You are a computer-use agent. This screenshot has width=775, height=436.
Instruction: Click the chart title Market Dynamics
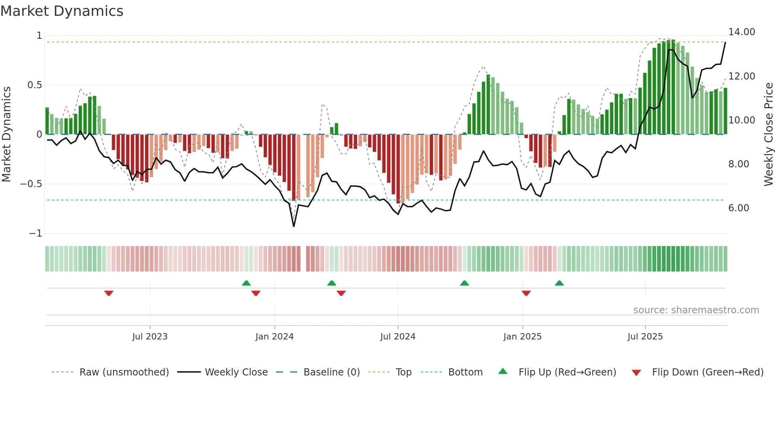(62, 11)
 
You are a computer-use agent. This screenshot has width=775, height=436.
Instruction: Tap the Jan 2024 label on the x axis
(274, 337)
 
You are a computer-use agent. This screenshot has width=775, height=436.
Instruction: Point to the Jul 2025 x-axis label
(645, 337)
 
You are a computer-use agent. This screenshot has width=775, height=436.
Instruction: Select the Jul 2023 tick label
(150, 337)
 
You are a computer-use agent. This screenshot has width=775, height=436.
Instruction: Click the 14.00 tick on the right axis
(741, 32)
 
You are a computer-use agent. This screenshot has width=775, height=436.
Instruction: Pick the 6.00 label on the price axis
(738, 208)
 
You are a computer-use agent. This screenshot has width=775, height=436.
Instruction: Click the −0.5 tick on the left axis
(31, 184)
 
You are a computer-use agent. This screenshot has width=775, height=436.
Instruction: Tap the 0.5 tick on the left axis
(34, 85)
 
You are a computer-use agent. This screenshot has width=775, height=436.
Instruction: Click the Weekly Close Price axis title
(768, 134)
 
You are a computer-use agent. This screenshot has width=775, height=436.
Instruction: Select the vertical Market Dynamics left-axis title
(6, 134)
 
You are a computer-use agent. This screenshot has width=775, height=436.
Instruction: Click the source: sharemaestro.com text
(696, 310)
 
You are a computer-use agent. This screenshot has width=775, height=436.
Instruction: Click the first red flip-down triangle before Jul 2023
(109, 293)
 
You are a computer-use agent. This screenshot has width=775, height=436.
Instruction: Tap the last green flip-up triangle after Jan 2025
(559, 283)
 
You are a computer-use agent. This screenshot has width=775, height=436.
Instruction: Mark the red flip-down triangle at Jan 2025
(526, 293)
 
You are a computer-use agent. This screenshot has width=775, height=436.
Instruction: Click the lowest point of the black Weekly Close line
(294, 226)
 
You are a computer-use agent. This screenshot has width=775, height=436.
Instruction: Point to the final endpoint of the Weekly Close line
(725, 42)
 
